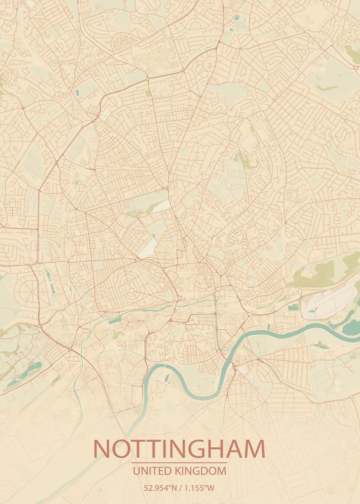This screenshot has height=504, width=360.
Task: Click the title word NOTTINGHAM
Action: [x=179, y=449]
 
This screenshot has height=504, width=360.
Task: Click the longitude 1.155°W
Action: [x=199, y=488]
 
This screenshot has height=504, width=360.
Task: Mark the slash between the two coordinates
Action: [x=180, y=488]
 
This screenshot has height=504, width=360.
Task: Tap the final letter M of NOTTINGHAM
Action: [x=253, y=449]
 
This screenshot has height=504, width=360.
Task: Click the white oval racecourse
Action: [x=330, y=302]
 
